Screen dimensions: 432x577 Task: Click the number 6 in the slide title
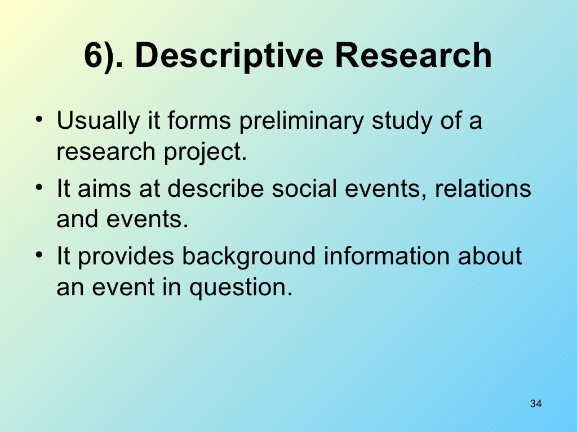coord(92,56)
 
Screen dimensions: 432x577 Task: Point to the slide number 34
coord(536,404)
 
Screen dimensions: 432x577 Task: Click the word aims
coord(102,188)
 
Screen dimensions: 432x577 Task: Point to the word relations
coord(483,188)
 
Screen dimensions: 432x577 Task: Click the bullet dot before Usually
coord(38,121)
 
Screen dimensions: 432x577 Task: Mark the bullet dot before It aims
coord(38,188)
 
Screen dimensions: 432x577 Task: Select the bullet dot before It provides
coord(38,256)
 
